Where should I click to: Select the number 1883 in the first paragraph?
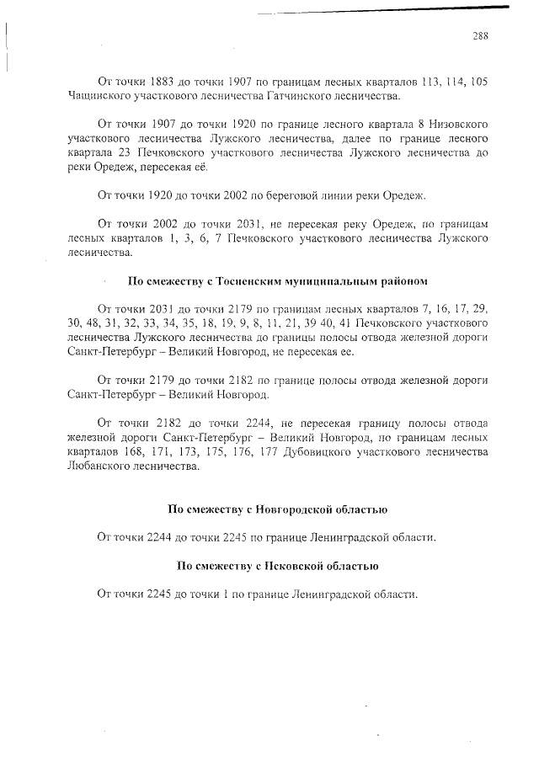[162, 82]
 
